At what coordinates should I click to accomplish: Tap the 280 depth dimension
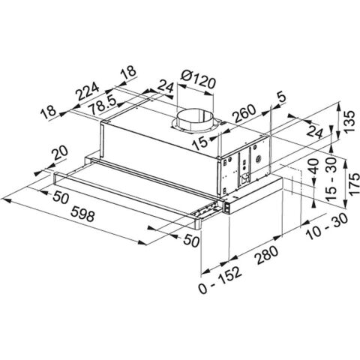pos(265,258)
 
